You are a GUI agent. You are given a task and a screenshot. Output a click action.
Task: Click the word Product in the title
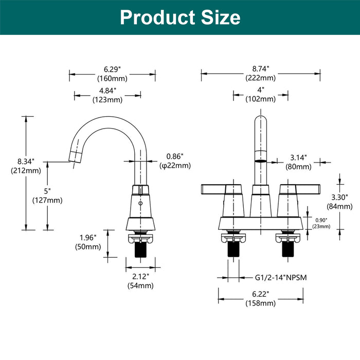point(157,17)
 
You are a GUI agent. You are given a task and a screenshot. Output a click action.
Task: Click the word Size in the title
point(221,17)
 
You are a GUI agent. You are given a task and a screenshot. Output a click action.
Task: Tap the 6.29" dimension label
point(112,69)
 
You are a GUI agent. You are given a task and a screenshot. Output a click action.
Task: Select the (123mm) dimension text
point(107,100)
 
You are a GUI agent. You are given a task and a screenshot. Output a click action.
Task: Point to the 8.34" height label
point(26,161)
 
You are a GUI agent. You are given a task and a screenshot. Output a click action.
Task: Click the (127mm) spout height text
point(47,201)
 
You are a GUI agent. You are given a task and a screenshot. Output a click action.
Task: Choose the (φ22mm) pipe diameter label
point(175,166)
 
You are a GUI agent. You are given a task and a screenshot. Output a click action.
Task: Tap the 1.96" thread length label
point(88,238)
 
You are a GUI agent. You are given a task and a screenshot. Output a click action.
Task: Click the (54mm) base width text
point(140,285)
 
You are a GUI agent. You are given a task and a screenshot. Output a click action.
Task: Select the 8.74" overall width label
point(261,68)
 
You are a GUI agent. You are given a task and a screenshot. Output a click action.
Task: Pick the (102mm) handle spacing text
point(261,99)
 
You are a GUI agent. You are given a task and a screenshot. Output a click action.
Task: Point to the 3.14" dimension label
point(299,158)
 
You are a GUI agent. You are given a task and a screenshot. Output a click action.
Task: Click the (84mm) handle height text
point(339,206)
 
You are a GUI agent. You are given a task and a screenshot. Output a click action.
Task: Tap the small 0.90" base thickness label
point(321,220)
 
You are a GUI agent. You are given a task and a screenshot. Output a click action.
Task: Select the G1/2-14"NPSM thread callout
point(281,278)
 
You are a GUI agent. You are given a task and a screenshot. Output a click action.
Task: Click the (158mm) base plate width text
point(261,303)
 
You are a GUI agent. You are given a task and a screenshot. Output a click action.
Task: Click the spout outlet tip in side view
point(75,157)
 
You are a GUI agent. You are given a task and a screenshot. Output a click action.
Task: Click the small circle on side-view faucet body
point(140,203)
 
